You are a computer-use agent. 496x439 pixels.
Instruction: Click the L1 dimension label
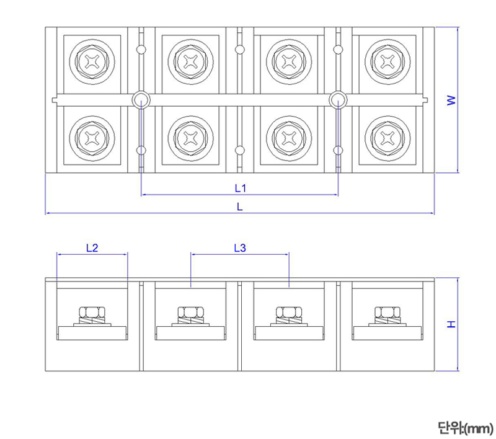[x=240, y=187]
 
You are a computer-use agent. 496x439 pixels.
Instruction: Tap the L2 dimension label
[x=92, y=248]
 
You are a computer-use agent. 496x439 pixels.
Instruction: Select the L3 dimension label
[x=240, y=248]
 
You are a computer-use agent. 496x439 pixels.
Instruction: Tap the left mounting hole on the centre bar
[x=141, y=99]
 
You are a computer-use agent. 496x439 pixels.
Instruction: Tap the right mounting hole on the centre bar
[x=338, y=99]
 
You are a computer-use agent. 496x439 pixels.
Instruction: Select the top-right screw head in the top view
[x=387, y=61]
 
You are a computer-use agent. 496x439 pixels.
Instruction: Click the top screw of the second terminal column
[x=190, y=61]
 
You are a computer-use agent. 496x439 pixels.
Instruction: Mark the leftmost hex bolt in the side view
[x=92, y=313]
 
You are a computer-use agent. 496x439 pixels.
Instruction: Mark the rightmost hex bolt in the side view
[x=387, y=313]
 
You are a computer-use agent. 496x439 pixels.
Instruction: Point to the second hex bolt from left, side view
[x=190, y=313]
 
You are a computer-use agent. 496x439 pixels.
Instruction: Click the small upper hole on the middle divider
[x=240, y=50]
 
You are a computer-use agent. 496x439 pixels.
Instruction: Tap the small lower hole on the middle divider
[x=240, y=149]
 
